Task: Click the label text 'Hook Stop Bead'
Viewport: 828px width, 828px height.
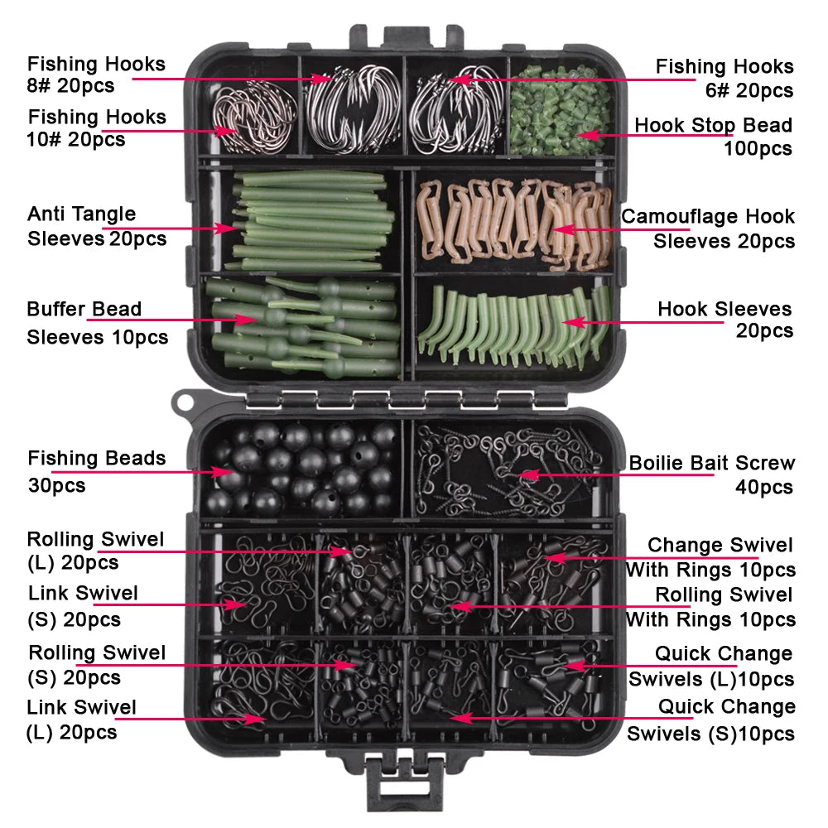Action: pos(713,126)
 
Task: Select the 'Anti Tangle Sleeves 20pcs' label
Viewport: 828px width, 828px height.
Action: pos(96,226)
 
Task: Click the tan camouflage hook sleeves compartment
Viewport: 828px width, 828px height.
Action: pos(513,219)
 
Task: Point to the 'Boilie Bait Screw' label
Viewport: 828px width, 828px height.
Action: pos(711,464)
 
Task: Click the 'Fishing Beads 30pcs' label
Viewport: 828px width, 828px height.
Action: pos(96,470)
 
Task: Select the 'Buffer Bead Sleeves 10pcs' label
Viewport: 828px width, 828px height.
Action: pos(96,323)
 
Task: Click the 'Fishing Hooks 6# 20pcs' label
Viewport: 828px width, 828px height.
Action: pos(724,78)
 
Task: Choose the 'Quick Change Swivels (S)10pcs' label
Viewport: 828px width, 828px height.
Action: pos(711,720)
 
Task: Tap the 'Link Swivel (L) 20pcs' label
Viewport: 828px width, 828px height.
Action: pos(81,719)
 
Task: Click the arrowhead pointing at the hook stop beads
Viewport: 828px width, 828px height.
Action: pos(582,133)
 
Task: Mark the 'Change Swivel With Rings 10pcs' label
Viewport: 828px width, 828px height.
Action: pos(710,557)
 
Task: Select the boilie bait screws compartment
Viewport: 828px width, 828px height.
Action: pos(509,468)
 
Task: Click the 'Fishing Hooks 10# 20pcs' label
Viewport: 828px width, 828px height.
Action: pos(96,128)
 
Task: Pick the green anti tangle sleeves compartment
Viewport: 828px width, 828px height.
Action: pos(302,219)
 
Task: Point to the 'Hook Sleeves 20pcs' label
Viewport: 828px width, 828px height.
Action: pos(724,320)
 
